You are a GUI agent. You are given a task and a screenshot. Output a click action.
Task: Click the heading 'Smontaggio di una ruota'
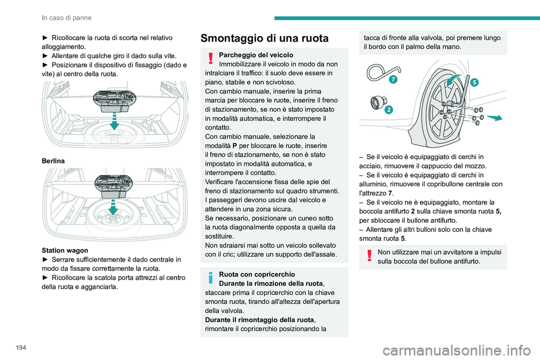click(x=264, y=38)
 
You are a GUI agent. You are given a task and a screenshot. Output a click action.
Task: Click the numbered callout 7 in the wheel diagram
click(x=391, y=80)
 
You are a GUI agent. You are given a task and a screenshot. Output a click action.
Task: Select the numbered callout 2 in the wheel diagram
click(x=389, y=110)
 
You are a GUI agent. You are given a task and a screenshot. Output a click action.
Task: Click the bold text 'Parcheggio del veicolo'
click(x=256, y=55)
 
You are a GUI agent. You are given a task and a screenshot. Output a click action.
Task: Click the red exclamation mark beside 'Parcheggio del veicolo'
click(x=210, y=58)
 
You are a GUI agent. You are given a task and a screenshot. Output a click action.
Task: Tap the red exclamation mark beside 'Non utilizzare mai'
click(x=369, y=256)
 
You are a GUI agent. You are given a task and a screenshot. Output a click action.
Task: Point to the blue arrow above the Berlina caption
click(x=114, y=120)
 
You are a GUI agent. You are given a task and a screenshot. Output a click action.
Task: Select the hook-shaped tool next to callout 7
click(x=376, y=76)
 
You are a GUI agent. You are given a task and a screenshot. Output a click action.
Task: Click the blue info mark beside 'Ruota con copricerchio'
click(x=210, y=278)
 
